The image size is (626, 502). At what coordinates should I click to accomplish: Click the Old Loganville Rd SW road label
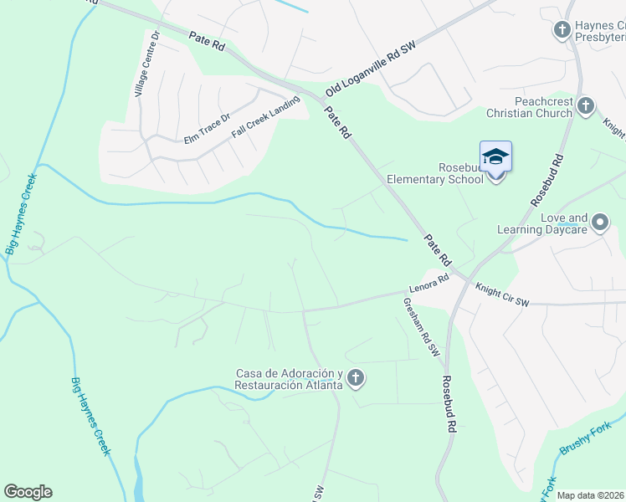tap(371, 69)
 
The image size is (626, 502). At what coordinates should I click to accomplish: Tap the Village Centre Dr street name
tap(144, 64)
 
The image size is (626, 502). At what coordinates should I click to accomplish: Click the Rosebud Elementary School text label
tap(435, 172)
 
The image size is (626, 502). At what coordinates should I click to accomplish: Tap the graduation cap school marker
tap(495, 156)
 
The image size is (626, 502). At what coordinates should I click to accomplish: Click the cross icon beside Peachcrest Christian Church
tap(586, 105)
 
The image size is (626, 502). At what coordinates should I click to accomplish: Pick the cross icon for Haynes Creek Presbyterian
tap(562, 31)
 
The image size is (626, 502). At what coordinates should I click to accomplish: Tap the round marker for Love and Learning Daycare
tap(600, 223)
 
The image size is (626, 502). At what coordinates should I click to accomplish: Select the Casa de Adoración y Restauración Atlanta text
tap(290, 379)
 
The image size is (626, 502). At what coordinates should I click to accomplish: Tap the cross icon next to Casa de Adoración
tap(356, 379)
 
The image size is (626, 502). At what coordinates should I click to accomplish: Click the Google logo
tap(28, 492)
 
